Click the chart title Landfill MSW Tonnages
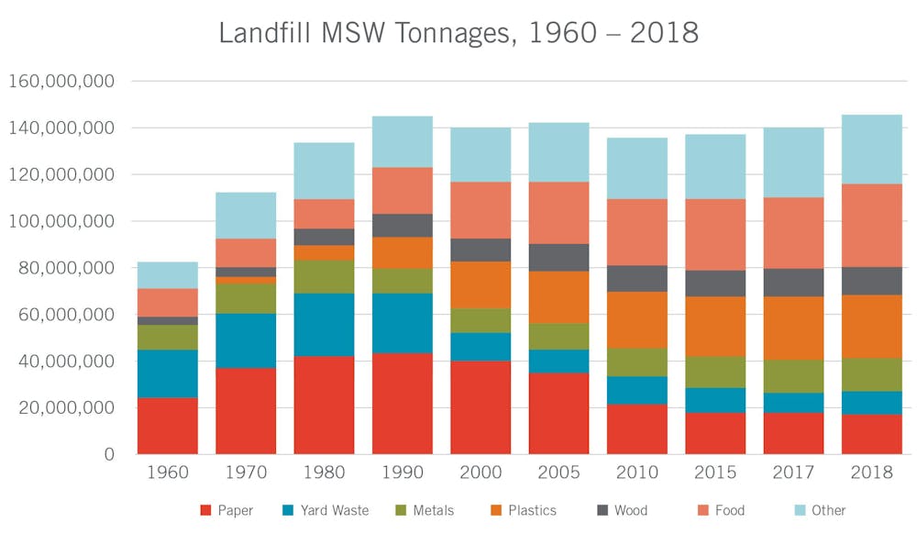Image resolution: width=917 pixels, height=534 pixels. click(458, 32)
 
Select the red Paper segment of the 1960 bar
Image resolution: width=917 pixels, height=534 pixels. click(168, 426)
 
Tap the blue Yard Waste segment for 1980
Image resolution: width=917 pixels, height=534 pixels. click(324, 325)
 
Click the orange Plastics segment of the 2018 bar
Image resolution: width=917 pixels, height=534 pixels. click(871, 326)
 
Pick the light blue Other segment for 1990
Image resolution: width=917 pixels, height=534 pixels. click(402, 141)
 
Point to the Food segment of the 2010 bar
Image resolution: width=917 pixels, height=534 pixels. click(637, 232)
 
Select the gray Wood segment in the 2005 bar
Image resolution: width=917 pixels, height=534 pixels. click(558, 257)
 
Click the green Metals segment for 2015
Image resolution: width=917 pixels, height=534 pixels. click(715, 372)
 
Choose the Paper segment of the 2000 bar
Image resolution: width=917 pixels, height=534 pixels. click(481, 407)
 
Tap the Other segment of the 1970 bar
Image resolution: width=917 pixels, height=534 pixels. click(246, 215)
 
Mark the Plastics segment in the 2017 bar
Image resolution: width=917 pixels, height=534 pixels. click(793, 328)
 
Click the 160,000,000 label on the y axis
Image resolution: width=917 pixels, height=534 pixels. click(61, 81)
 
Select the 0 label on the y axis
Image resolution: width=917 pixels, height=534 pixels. click(108, 454)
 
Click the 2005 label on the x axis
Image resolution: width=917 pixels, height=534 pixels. click(558, 473)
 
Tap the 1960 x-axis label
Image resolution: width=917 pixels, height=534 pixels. click(168, 473)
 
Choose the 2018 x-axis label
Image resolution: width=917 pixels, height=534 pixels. click(871, 473)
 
